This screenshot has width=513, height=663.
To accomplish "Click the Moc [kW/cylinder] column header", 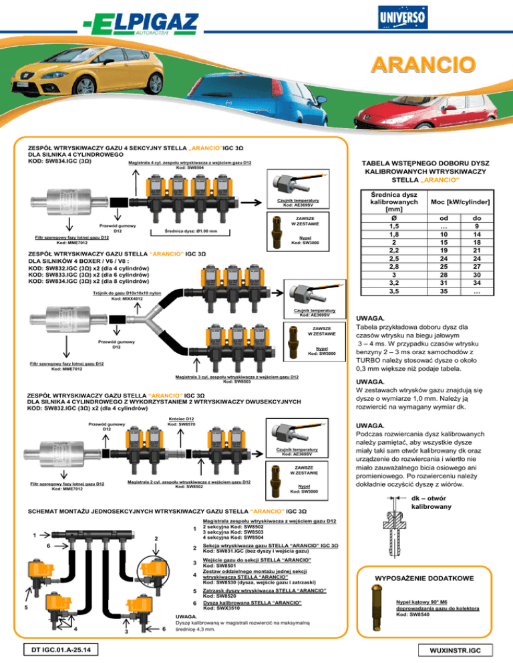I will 459,201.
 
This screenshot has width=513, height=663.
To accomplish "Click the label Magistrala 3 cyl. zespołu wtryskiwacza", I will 227,377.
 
